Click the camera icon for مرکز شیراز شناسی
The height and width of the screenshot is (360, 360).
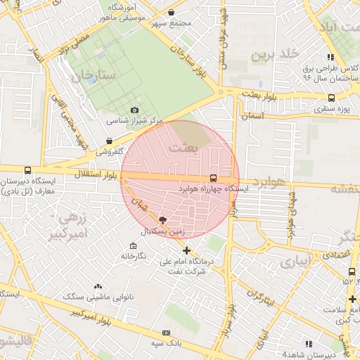coord(135,110)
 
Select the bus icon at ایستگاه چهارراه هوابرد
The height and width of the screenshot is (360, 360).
coord(214,178)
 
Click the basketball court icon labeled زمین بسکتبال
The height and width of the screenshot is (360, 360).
coord(164,221)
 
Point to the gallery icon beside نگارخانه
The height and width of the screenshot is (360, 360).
coord(133,245)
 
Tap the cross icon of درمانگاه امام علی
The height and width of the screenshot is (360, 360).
coord(186,250)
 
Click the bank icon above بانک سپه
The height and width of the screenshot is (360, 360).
coord(166,333)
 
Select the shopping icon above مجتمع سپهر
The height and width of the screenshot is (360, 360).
coord(172,12)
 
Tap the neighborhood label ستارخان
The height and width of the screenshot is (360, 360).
coord(91,75)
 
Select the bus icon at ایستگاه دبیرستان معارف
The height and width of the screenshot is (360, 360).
coord(27,170)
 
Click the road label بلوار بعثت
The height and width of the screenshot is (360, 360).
coord(260,94)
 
